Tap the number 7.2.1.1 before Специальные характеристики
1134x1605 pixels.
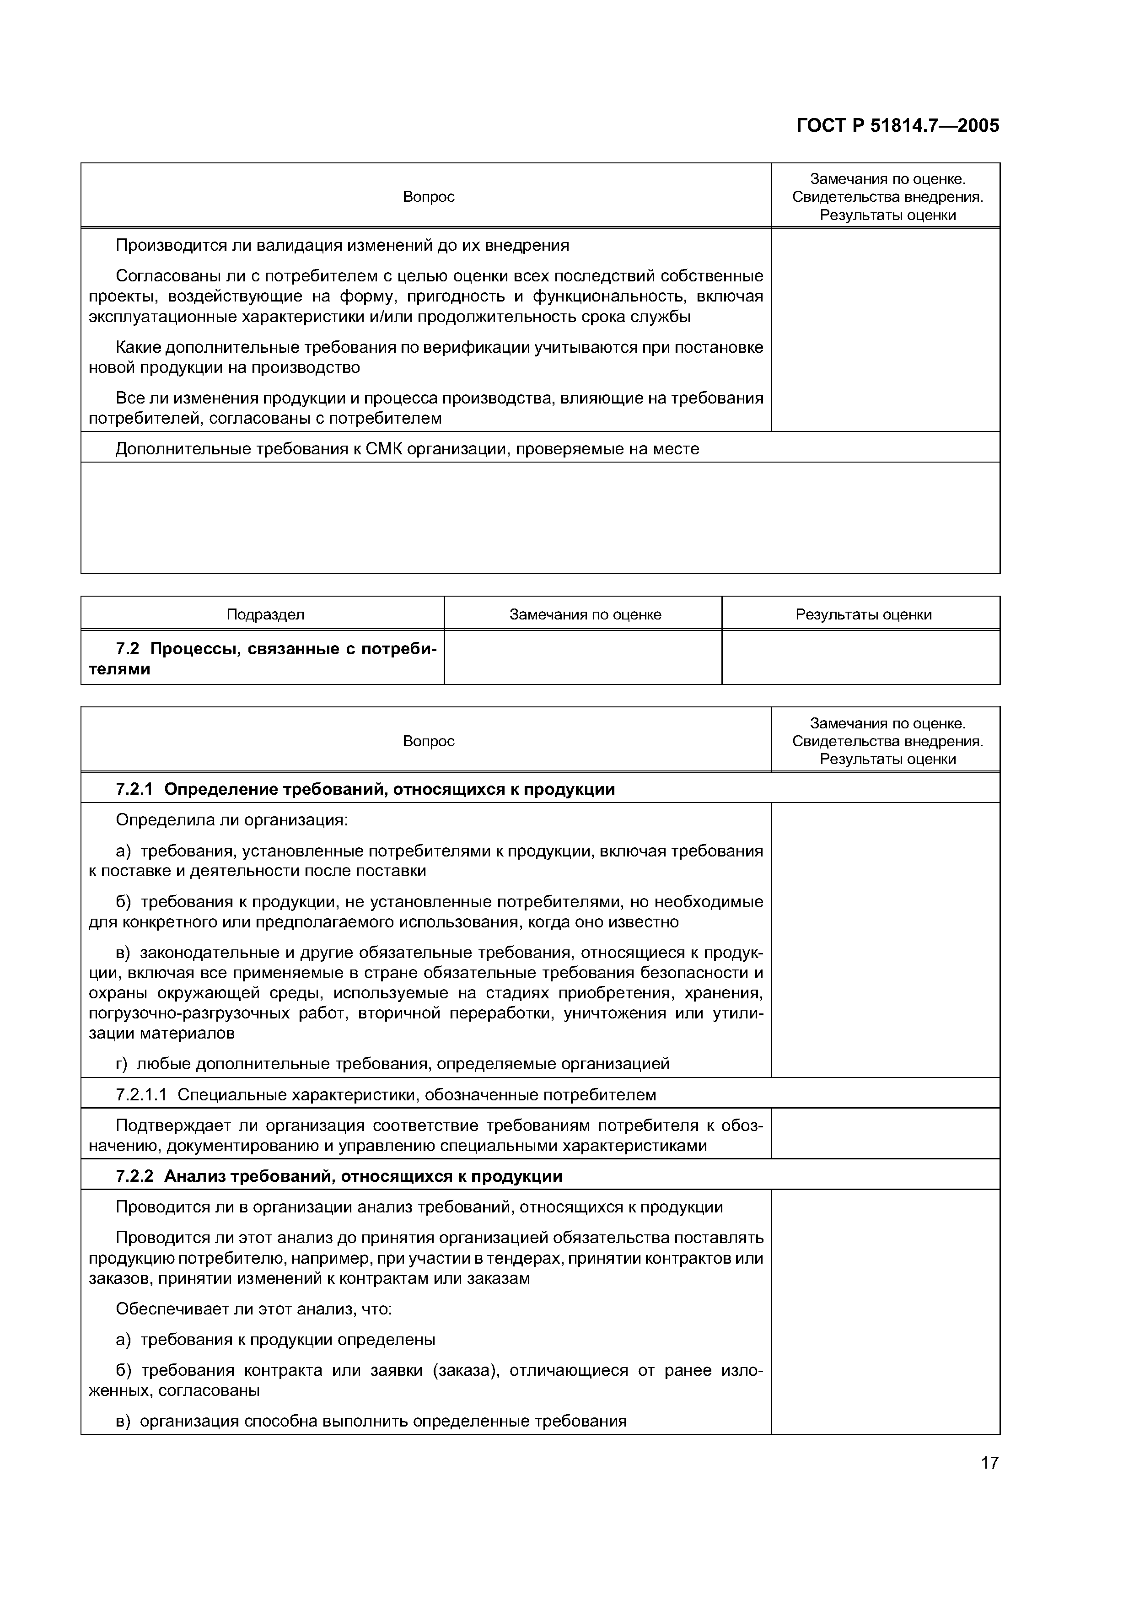click(141, 1095)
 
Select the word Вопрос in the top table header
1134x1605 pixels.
click(428, 197)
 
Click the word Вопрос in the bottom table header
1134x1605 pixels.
click(428, 741)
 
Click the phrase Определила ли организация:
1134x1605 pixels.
click(231, 819)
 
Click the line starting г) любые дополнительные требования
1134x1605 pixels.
click(392, 1063)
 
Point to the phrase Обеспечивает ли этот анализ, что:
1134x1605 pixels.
click(253, 1309)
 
